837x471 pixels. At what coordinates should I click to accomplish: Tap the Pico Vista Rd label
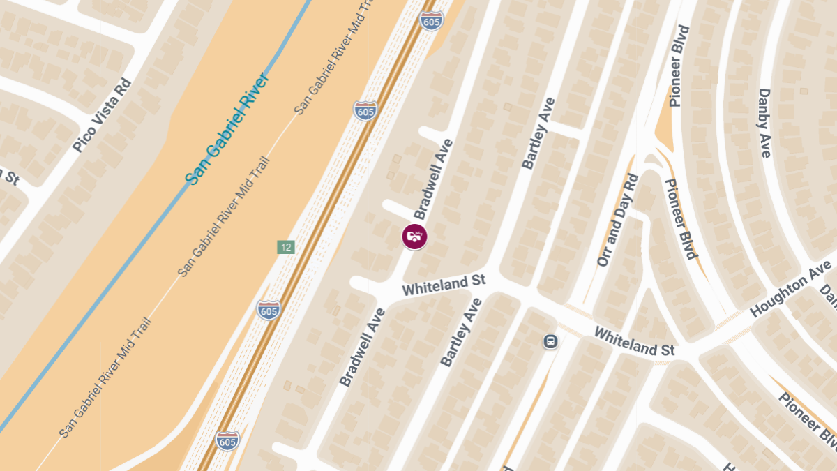[x=102, y=115]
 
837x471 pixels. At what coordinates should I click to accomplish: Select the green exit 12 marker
[x=285, y=247]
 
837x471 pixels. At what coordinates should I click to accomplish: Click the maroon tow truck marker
[x=414, y=236]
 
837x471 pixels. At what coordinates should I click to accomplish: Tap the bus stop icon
[x=551, y=341]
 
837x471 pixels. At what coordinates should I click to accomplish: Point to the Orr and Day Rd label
[x=618, y=220]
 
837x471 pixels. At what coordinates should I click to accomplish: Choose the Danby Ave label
[x=764, y=123]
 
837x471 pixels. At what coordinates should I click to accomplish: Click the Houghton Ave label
[x=790, y=288]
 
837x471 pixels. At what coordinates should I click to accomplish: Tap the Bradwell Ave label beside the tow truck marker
[x=433, y=179]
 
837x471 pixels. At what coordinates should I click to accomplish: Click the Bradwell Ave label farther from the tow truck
[x=362, y=347]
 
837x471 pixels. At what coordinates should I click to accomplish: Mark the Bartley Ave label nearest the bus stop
[x=461, y=332]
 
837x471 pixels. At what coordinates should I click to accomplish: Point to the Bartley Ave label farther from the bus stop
[x=538, y=133]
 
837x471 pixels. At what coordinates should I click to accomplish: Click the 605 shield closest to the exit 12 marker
[x=269, y=310]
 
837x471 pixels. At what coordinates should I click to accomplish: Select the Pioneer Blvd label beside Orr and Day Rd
[x=680, y=218]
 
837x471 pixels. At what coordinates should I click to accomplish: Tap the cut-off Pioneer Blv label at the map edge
[x=810, y=421]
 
